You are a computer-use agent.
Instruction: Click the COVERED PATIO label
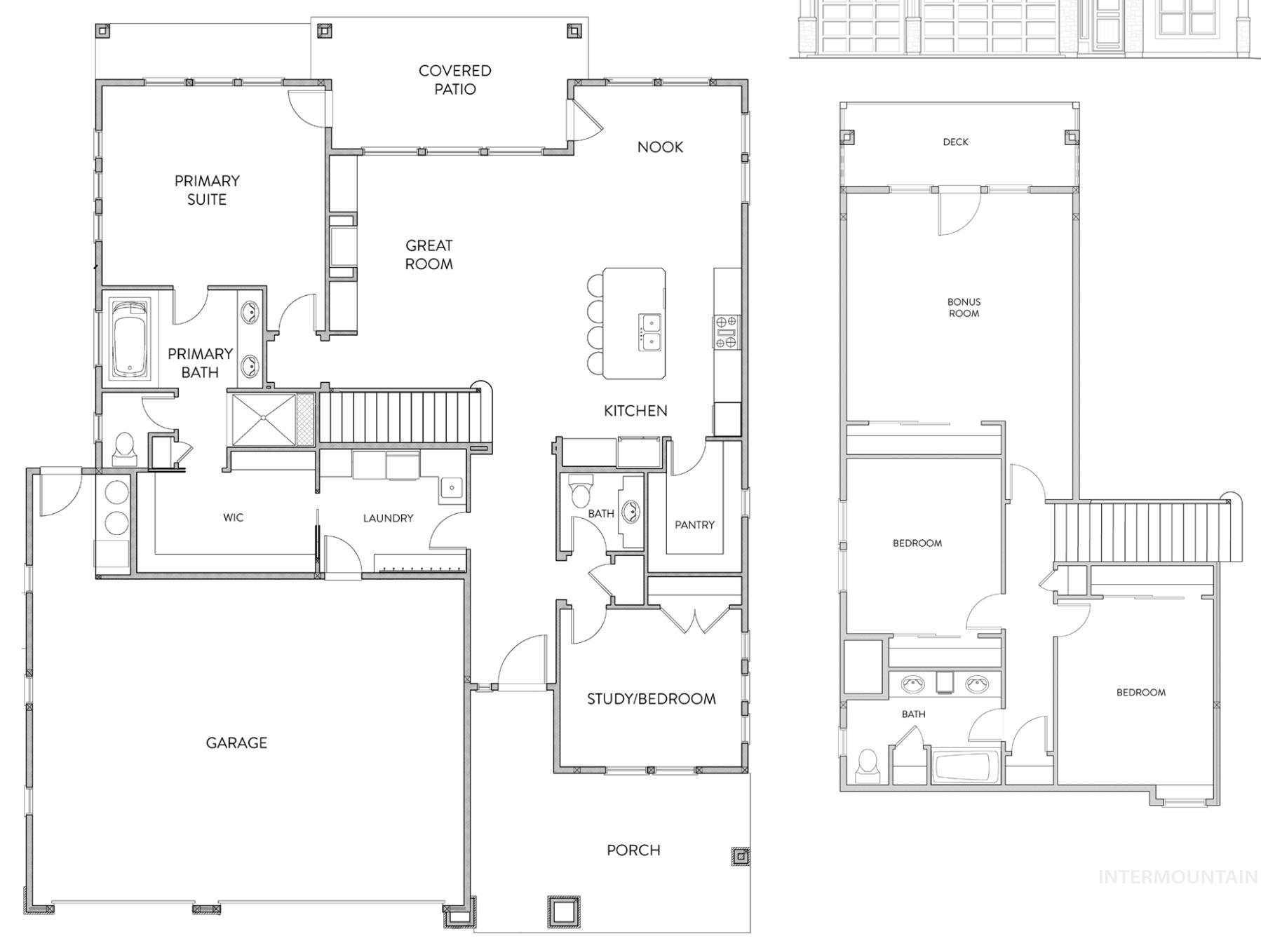pyautogui.click(x=454, y=80)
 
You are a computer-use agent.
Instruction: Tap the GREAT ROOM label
pyautogui.click(x=429, y=255)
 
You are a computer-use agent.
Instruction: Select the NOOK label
pyautogui.click(x=660, y=147)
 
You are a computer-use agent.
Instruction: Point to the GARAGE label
pyautogui.click(x=236, y=742)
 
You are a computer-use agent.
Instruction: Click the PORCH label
pyautogui.click(x=633, y=850)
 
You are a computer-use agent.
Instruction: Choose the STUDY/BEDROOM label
pyautogui.click(x=651, y=698)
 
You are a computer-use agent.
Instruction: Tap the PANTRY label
pyautogui.click(x=694, y=524)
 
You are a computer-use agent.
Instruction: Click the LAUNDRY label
pyautogui.click(x=388, y=518)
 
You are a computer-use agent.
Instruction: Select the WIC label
pyautogui.click(x=234, y=517)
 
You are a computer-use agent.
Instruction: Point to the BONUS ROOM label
pyautogui.click(x=964, y=308)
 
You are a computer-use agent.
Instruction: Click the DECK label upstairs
pyautogui.click(x=955, y=142)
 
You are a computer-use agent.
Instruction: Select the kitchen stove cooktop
pyautogui.click(x=727, y=332)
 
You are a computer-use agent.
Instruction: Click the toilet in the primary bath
pyautogui.click(x=124, y=449)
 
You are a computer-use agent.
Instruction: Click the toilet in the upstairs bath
pyautogui.click(x=868, y=766)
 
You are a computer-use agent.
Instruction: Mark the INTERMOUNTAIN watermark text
pyautogui.click(x=1178, y=877)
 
